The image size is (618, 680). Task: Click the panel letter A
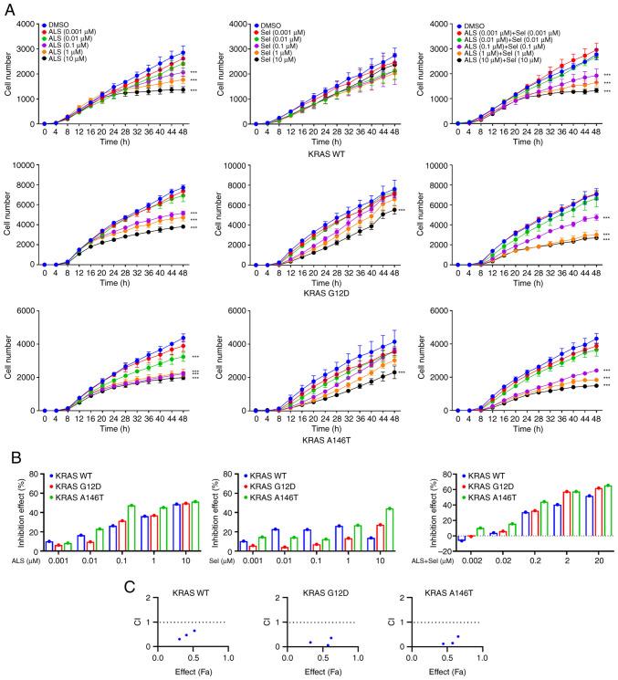tap(7, 7)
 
